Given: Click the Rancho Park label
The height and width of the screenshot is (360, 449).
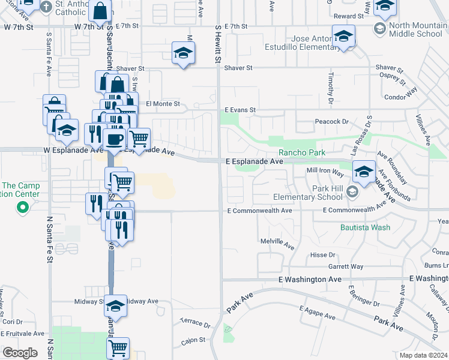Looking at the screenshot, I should (x=301, y=153).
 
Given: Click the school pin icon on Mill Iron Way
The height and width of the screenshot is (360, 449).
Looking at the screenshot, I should (x=364, y=172).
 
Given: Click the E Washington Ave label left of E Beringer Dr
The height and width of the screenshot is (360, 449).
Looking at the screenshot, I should (x=310, y=280).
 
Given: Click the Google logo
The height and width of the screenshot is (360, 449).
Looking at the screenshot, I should (x=20, y=353).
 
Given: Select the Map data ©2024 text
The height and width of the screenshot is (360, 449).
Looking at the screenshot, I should (x=423, y=355).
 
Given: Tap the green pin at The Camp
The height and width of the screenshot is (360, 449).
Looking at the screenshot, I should (x=23, y=208).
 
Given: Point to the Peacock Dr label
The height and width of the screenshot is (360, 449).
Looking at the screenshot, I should (x=331, y=122).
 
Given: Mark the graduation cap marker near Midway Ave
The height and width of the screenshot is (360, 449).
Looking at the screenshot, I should (x=115, y=306).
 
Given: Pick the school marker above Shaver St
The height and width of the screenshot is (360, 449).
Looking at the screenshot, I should (x=183, y=53).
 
